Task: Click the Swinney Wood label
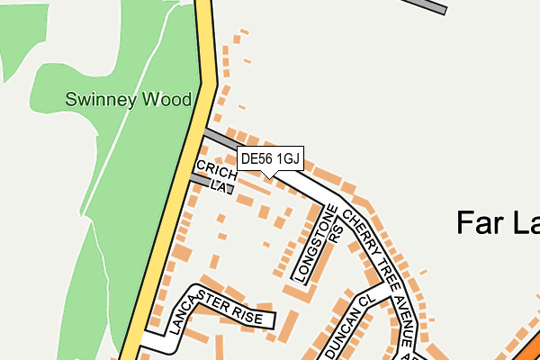coord(128,99)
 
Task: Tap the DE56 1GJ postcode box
coord(270,159)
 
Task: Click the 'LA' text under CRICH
coord(219,186)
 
